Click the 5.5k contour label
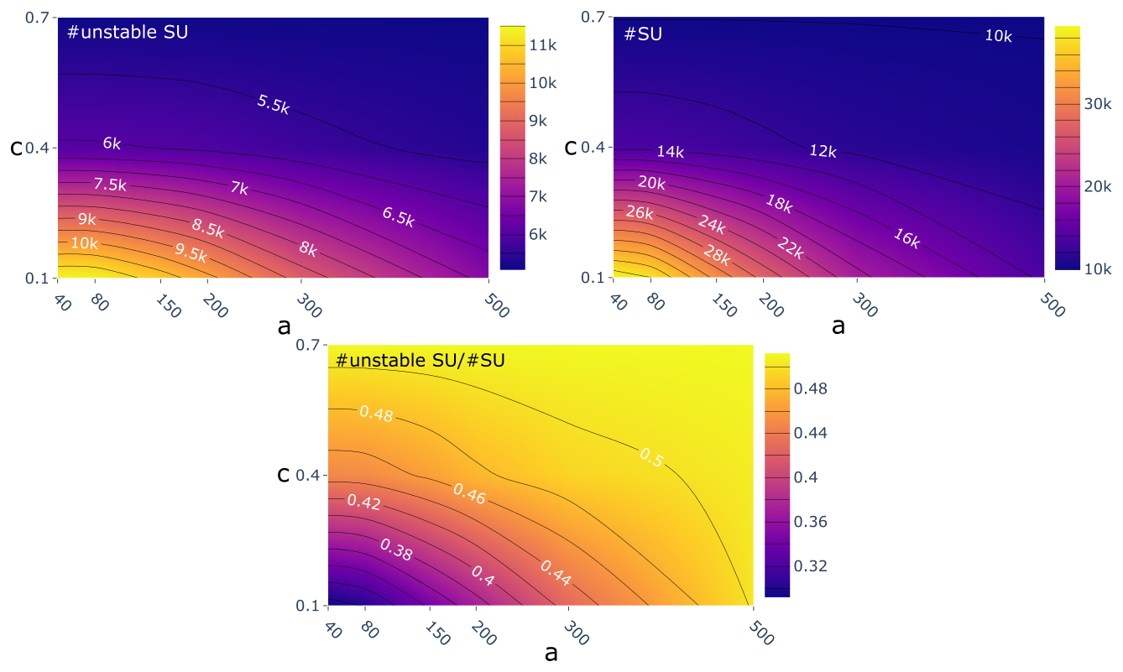tap(273, 104)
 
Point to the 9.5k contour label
tap(191, 252)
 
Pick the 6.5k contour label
tap(398, 216)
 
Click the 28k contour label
tap(718, 255)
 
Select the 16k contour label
tap(906, 238)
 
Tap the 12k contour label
tap(823, 151)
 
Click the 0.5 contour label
tap(651, 457)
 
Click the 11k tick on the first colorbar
tap(543, 45)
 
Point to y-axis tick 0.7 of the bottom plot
tap(311, 345)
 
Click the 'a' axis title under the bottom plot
tap(551, 653)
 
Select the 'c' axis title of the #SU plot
tap(571, 148)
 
